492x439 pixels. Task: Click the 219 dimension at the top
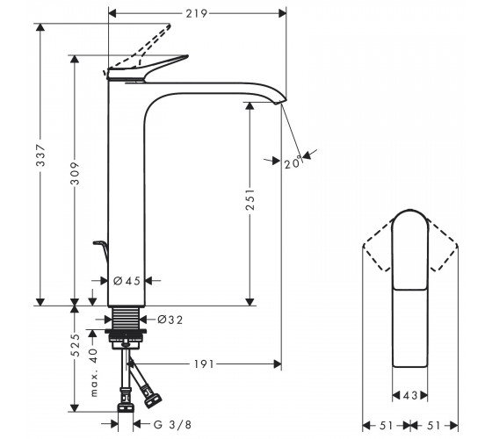click(x=197, y=13)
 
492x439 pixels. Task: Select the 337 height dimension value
click(x=41, y=155)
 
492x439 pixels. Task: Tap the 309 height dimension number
click(x=75, y=174)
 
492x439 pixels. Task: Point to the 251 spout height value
click(x=250, y=199)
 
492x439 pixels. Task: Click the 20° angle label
click(x=293, y=162)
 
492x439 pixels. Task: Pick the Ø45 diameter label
click(x=127, y=281)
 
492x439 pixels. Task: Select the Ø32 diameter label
click(x=170, y=320)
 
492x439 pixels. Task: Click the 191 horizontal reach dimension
click(x=204, y=364)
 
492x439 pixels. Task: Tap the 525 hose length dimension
click(x=76, y=345)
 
